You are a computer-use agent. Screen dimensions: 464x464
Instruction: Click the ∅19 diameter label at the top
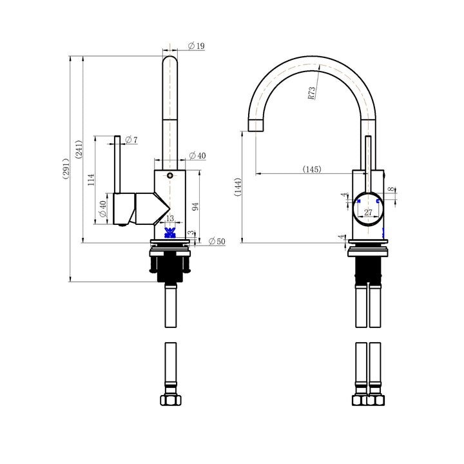click(197, 46)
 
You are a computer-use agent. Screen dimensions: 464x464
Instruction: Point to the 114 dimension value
click(92, 179)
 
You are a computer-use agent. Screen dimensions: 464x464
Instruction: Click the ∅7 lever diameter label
click(131, 140)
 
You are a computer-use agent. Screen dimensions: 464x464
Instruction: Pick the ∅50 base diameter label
click(217, 242)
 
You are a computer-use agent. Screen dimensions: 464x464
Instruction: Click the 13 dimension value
click(169, 218)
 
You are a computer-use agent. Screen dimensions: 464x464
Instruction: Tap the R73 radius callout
click(312, 93)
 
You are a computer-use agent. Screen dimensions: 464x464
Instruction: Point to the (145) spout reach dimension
click(312, 169)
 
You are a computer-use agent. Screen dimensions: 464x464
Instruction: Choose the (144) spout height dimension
click(237, 187)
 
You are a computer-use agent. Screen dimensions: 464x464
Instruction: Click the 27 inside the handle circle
click(369, 212)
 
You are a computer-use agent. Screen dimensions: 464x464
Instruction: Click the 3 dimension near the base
click(189, 233)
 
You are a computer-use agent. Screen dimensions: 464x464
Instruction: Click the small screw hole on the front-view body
click(169, 175)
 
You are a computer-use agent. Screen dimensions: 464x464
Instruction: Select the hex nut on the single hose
click(170, 400)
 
